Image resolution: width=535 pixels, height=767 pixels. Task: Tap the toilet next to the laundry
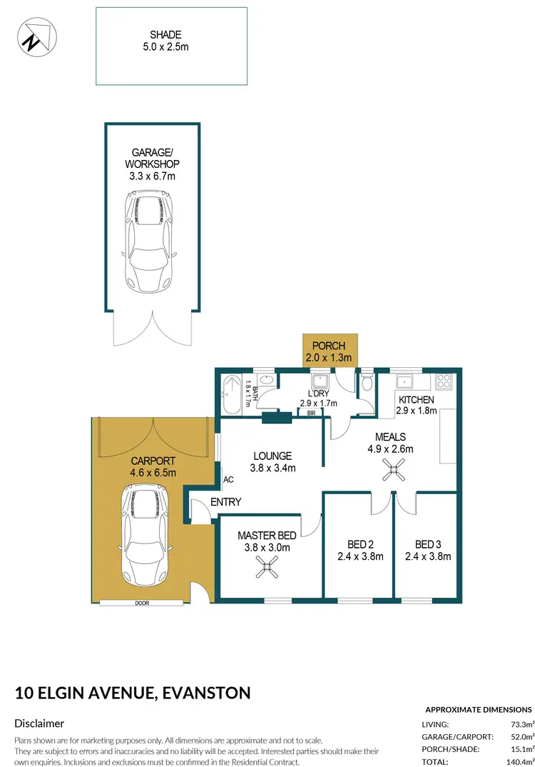pos(367,383)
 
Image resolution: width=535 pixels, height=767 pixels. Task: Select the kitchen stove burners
pos(444,381)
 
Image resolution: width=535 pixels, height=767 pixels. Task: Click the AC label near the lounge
pos(228,480)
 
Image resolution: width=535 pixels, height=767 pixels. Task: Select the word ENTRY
pos(226,502)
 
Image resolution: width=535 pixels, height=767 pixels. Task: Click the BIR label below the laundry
pos(311,413)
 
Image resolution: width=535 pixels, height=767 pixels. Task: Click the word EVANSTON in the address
pos(207,692)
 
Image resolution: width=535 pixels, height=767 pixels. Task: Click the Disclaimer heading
pos(39,723)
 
